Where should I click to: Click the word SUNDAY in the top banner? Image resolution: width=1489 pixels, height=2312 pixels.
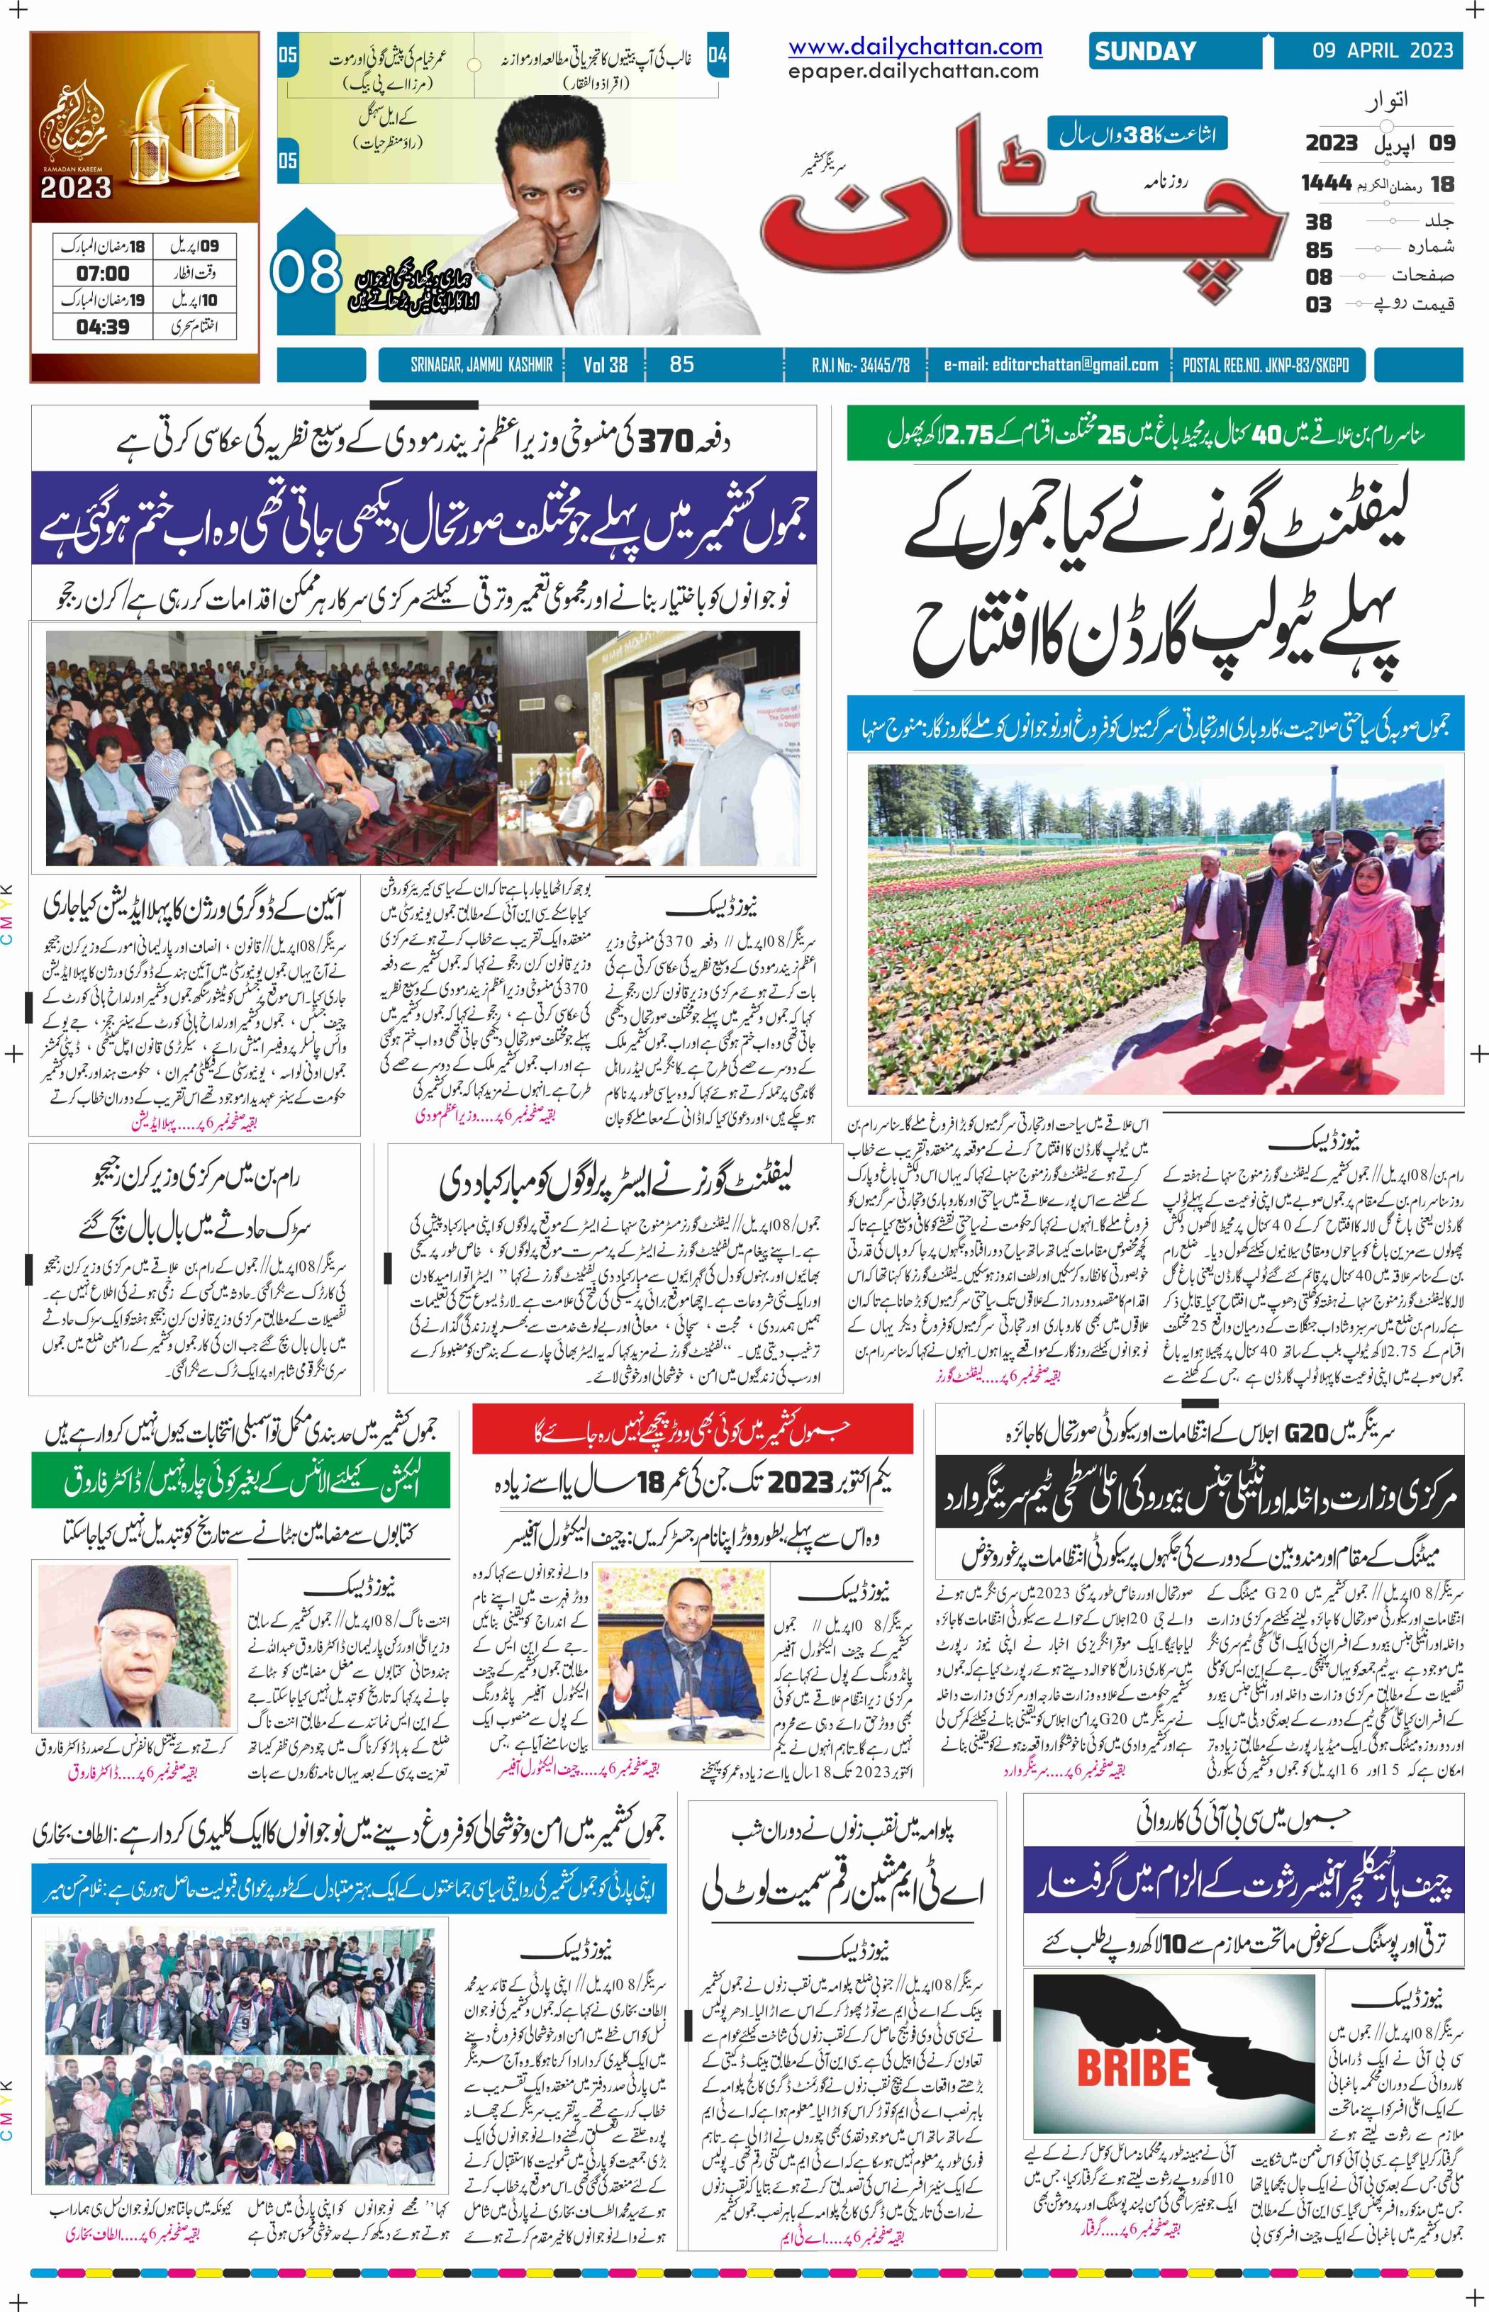click(1145, 51)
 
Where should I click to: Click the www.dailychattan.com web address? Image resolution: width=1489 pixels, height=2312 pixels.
click(915, 46)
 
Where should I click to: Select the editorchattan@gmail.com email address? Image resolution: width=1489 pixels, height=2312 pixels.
click(1051, 364)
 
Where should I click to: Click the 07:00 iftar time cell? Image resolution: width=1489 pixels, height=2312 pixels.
click(104, 274)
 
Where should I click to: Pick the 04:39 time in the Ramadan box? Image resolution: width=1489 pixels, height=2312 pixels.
click(104, 327)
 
